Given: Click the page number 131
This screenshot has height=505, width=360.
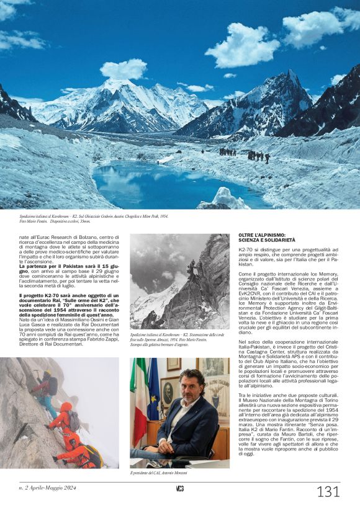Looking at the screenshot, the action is click(328, 492).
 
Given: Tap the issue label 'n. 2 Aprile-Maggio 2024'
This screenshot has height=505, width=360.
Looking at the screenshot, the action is click(47, 488).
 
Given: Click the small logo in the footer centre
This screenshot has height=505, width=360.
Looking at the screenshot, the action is click(179, 488).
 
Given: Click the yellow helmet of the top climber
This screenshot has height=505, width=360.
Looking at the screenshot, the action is click(47, 373).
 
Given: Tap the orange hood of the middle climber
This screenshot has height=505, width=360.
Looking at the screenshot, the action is click(66, 406).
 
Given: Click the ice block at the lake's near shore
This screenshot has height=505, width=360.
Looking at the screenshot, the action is click(223, 198).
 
